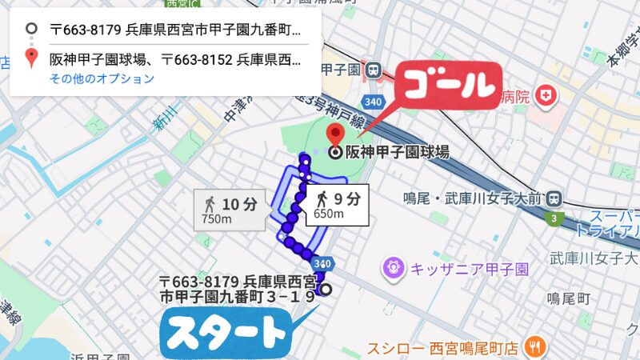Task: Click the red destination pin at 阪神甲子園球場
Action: (x=336, y=134)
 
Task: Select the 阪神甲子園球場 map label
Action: (x=396, y=152)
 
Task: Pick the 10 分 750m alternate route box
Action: (x=229, y=210)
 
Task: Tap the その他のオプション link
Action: (x=102, y=78)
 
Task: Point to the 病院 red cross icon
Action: (x=547, y=96)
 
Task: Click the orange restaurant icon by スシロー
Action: (x=536, y=347)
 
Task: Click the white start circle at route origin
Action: (x=326, y=290)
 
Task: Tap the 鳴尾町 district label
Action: (x=568, y=298)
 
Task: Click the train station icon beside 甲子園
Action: (x=373, y=70)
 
